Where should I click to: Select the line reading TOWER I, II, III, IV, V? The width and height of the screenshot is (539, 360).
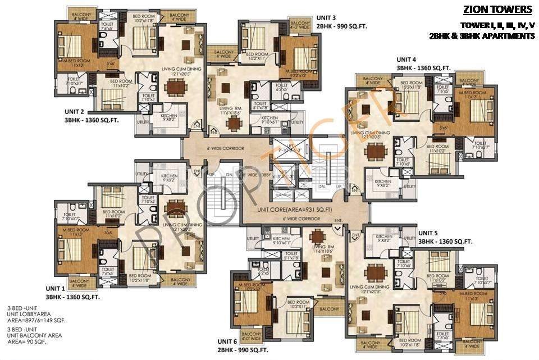pyautogui.click(x=497, y=25)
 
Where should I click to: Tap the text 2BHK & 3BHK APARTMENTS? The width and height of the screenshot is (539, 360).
pyautogui.click(x=481, y=35)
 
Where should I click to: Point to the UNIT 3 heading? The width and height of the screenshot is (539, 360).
pyautogui.click(x=326, y=17)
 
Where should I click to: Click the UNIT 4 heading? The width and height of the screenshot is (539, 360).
pyautogui.click(x=406, y=59)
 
